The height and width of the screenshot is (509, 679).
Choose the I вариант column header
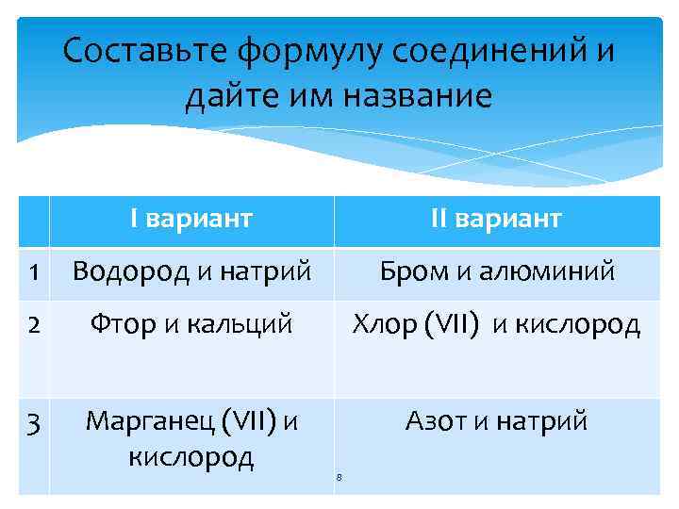pos(191,220)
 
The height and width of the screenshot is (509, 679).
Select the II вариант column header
pos(496,220)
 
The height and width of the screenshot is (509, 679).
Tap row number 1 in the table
pos(33,272)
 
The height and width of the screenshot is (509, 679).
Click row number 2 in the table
pos(33,325)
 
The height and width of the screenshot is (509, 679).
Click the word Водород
pos(132,272)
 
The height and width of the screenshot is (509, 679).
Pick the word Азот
pos(436,420)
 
